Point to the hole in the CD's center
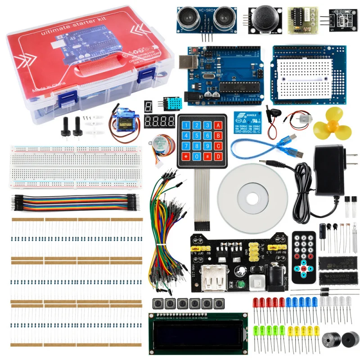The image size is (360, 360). pos(252,197)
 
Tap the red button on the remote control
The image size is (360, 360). pos(304,269)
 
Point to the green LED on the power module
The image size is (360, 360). pos(241,284)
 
